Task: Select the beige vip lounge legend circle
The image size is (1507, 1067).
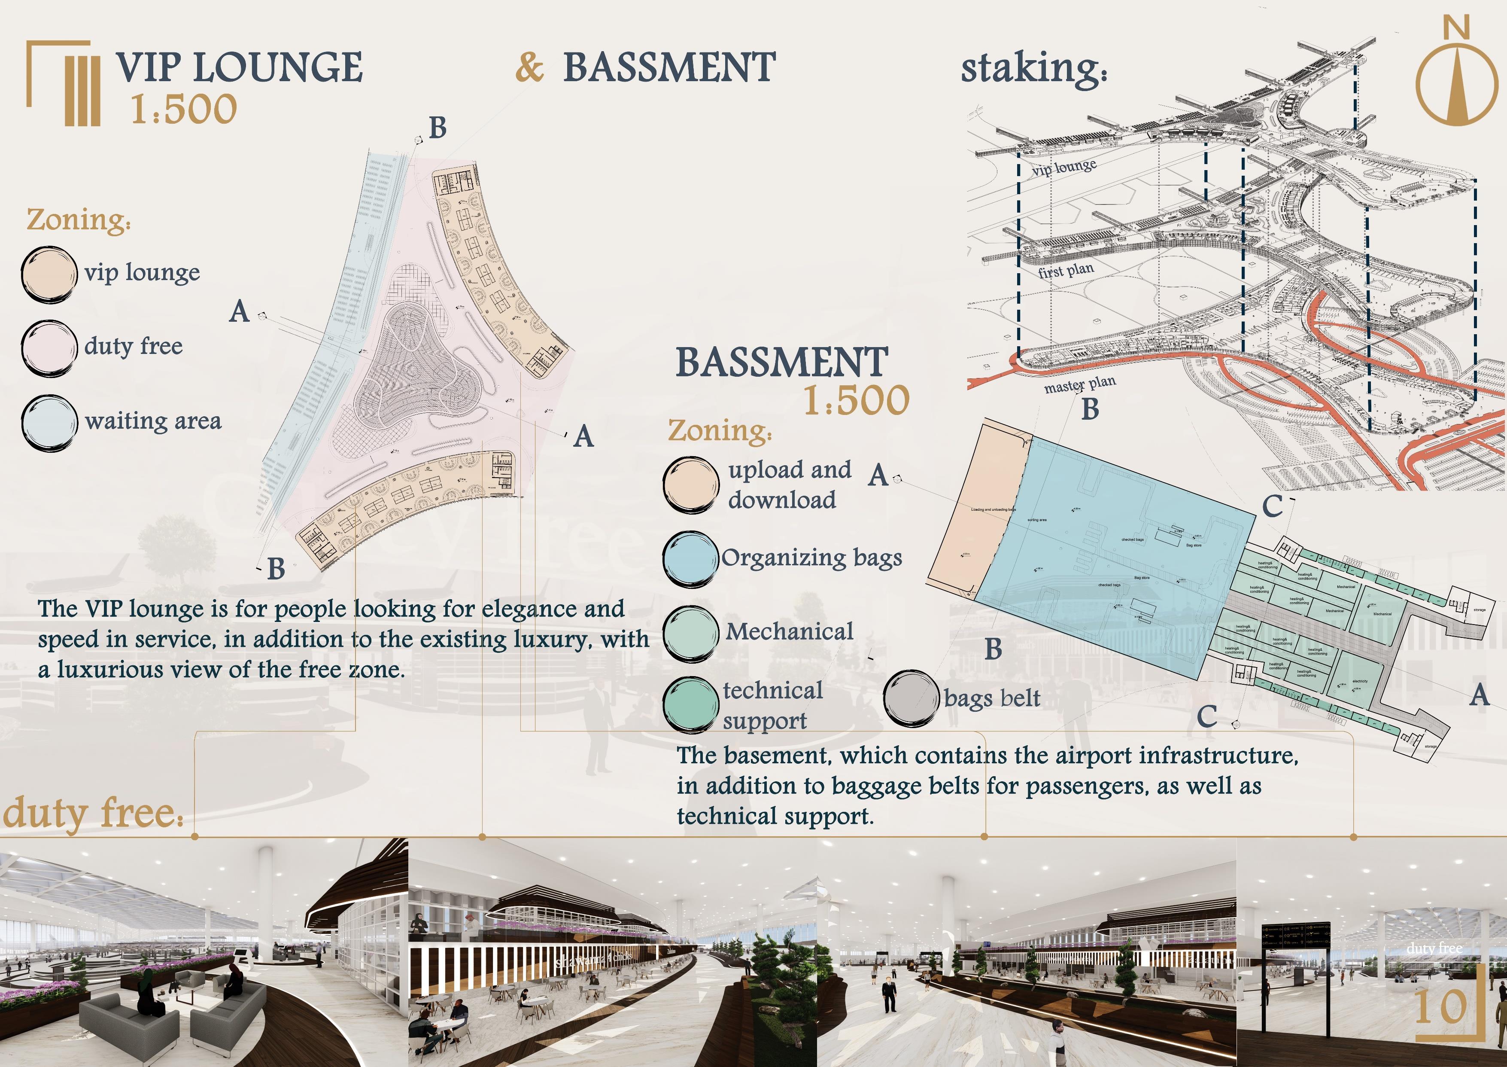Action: click(49, 274)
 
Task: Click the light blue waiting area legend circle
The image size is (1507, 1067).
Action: click(49, 423)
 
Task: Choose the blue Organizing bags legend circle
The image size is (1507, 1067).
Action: click(690, 558)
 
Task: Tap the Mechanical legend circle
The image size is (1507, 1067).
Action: click(690, 632)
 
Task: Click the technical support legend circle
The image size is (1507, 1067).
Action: click(690, 704)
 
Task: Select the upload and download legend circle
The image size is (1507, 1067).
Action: click(690, 485)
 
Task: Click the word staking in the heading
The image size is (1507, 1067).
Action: click(1033, 68)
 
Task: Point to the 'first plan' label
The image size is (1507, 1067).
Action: click(1066, 270)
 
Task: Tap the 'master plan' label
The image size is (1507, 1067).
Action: click(1079, 384)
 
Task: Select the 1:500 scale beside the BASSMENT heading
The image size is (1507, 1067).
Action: click(856, 400)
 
